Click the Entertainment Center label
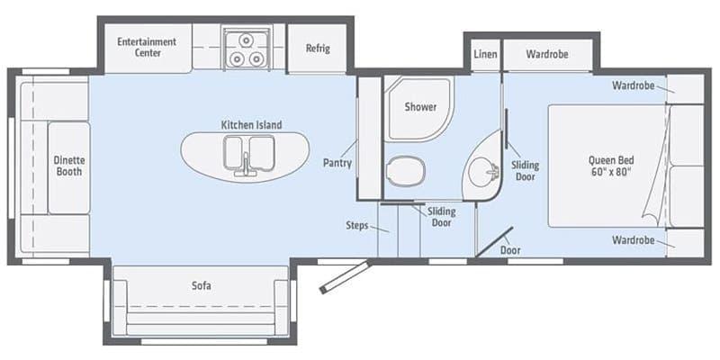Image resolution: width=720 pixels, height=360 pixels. point(148,47)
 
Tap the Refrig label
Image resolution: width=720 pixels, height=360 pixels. point(317,48)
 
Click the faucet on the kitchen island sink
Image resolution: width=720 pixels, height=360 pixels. point(245,165)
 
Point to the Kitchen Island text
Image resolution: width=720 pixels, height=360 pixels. point(245,124)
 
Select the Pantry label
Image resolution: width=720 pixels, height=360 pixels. point(337,164)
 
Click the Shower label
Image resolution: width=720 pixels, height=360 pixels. point(420,106)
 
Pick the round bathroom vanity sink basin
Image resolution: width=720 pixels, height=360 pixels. point(486,168)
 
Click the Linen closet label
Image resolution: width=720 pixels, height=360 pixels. point(484,54)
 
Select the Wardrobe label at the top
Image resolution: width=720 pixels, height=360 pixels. point(547,54)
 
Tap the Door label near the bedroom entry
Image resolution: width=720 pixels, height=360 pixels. point(510,250)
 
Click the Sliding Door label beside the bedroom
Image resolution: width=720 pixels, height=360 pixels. point(525,171)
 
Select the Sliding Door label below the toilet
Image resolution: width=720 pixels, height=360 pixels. point(442,217)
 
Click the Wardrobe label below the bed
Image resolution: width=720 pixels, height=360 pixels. point(633,241)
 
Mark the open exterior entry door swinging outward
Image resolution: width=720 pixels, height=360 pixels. point(345,276)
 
